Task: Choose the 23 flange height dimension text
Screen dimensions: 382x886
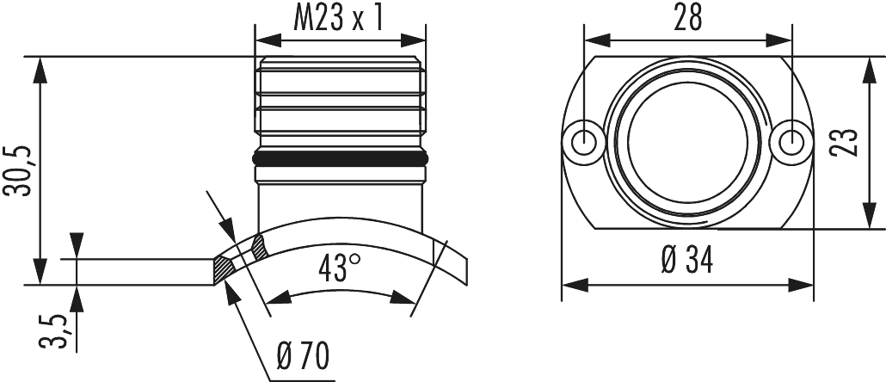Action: pos(847,142)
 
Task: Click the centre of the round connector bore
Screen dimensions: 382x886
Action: pos(686,138)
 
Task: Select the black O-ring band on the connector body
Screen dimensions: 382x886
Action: pos(341,159)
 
